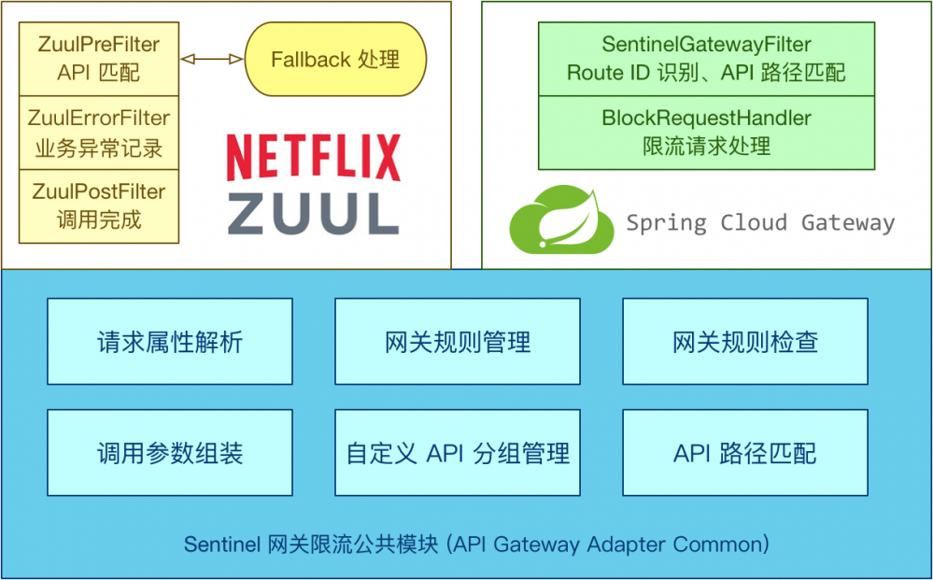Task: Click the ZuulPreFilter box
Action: click(x=98, y=58)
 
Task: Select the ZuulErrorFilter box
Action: click(x=98, y=132)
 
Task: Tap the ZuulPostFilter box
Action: click(x=98, y=205)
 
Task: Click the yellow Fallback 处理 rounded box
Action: click(x=335, y=60)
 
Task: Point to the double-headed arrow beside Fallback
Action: click(x=211, y=60)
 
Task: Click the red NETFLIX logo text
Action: click(x=313, y=157)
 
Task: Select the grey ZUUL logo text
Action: click(x=313, y=213)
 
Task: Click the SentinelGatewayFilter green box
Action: click(x=706, y=58)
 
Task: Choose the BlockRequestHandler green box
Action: click(x=706, y=132)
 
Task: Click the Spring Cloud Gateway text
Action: click(x=760, y=223)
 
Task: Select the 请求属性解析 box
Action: click(x=170, y=342)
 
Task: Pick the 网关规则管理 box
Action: click(x=458, y=342)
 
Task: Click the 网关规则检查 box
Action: click(x=745, y=342)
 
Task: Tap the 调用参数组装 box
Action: click(x=170, y=454)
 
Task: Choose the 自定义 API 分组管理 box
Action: click(x=458, y=454)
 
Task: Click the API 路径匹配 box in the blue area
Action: click(x=745, y=454)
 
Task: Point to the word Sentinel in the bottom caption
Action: click(x=222, y=545)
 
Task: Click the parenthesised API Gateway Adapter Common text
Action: click(x=607, y=545)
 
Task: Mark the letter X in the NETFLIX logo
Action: click(x=384, y=157)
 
